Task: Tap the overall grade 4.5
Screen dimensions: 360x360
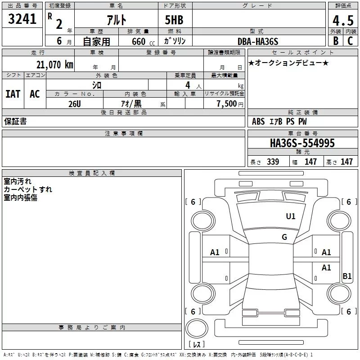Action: point(342,20)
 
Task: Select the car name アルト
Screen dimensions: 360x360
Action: point(116,20)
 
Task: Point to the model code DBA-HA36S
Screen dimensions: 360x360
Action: point(258,41)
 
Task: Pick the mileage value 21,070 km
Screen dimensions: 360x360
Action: point(53,65)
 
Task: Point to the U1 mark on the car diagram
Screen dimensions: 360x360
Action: point(291,216)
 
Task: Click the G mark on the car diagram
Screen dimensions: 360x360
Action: point(284,237)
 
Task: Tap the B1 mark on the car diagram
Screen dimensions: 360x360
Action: point(347,276)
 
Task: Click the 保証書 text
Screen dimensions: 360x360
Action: point(15,121)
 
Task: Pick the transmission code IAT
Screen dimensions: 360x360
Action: point(13,94)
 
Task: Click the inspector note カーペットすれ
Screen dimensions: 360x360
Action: point(28,189)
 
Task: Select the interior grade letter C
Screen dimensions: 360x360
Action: point(350,41)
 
